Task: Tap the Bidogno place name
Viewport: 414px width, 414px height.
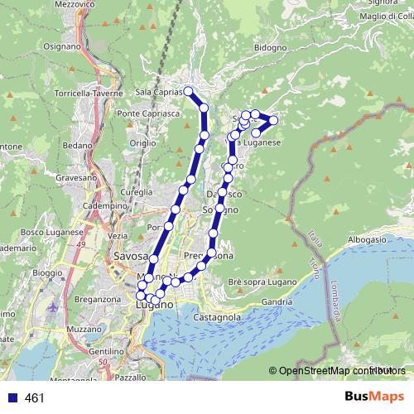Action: [x=248, y=48]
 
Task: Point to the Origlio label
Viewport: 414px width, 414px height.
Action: [x=142, y=143]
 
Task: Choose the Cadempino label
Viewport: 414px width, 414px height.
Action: [x=103, y=205]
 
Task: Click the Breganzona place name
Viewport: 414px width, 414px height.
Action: [x=98, y=298]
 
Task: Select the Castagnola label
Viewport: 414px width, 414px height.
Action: [x=216, y=316]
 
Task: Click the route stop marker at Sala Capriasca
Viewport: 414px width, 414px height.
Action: [x=189, y=91]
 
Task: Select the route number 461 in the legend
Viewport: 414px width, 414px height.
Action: [x=34, y=398]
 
